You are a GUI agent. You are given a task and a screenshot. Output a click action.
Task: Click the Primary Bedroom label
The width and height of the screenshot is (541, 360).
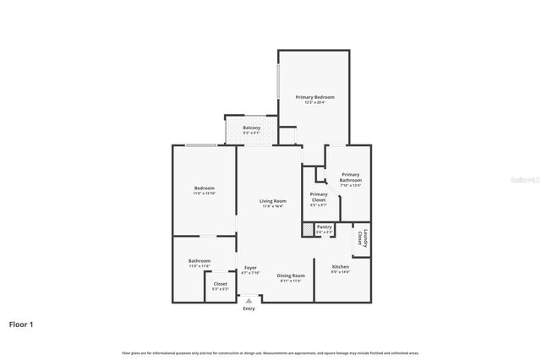point(314,97)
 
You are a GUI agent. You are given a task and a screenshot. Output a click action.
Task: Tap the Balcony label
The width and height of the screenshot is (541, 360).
point(252,128)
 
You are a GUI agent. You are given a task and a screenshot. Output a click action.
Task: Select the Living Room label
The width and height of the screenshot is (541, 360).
point(272,200)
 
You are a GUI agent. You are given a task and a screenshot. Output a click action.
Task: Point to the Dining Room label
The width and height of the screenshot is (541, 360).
point(291,275)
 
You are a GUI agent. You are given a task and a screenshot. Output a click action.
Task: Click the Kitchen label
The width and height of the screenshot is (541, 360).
point(340,266)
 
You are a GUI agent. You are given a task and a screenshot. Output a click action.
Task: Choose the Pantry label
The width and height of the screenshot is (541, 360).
point(324,226)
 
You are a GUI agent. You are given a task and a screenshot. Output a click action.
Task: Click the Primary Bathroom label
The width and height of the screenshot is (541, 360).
point(350,177)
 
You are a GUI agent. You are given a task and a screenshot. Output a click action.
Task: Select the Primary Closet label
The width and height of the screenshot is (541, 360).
point(318,196)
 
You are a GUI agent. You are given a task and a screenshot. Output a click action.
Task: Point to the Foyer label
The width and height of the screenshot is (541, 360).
point(250,267)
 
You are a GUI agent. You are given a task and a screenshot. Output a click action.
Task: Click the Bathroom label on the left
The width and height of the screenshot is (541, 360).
point(199,260)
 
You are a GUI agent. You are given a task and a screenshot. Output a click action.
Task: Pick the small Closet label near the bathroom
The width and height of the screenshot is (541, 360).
point(220,284)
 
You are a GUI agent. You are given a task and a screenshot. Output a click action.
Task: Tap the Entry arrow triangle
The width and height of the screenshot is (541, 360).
point(249,299)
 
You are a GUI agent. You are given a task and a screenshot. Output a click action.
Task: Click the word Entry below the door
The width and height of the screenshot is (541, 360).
point(249,308)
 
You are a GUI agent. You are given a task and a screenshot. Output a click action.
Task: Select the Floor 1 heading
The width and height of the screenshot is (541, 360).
point(22,324)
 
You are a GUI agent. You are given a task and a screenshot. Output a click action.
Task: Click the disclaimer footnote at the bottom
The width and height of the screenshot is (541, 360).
point(270,352)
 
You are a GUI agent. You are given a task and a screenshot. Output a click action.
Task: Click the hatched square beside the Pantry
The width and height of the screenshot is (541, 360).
point(307,229)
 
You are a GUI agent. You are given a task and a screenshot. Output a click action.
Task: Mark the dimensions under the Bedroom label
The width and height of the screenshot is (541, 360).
point(204,194)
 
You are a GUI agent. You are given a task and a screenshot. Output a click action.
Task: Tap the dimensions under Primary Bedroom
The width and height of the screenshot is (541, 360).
point(314,103)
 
